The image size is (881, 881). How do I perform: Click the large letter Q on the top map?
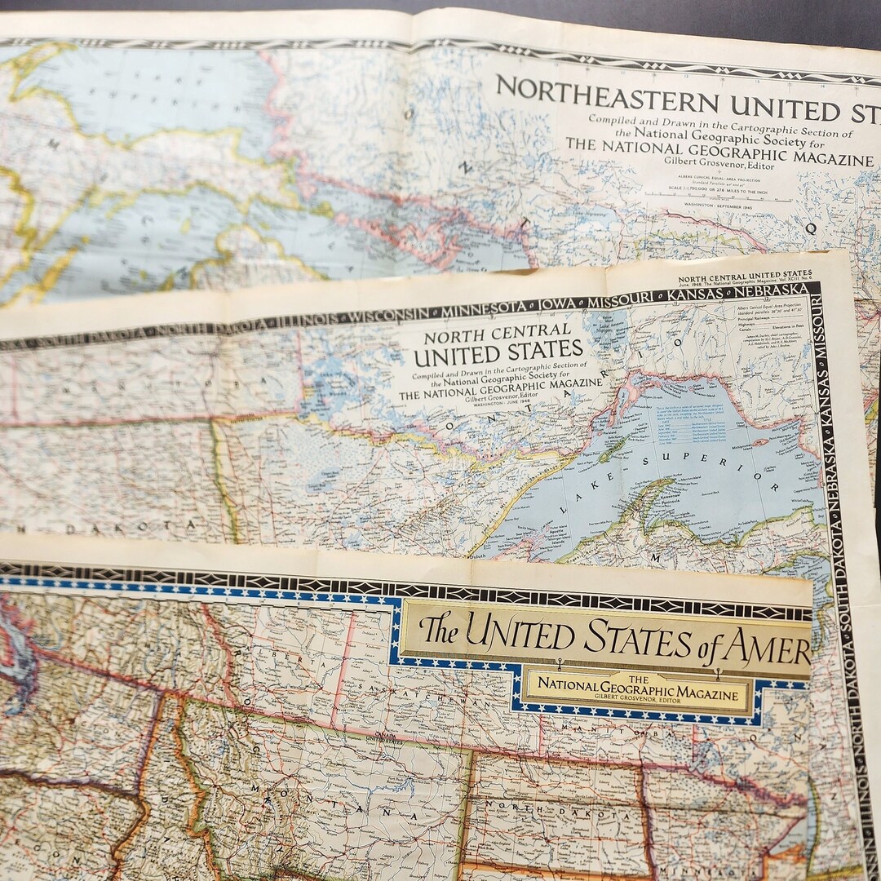tap(811, 229)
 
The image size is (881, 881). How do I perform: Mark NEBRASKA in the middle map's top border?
tap(771, 290)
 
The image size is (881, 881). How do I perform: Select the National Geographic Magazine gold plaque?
tap(639, 693)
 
